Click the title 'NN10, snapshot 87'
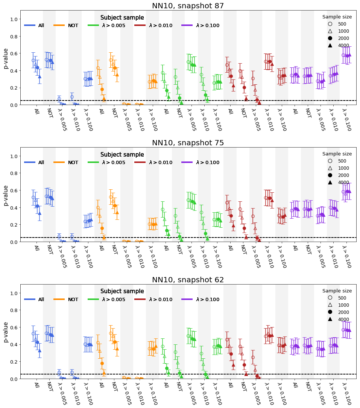[x=188, y=6]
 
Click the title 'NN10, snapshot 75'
[x=188, y=143]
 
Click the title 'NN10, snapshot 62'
[x=188, y=280]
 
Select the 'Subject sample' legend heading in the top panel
[x=122, y=18]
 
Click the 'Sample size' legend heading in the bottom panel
[x=337, y=291]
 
